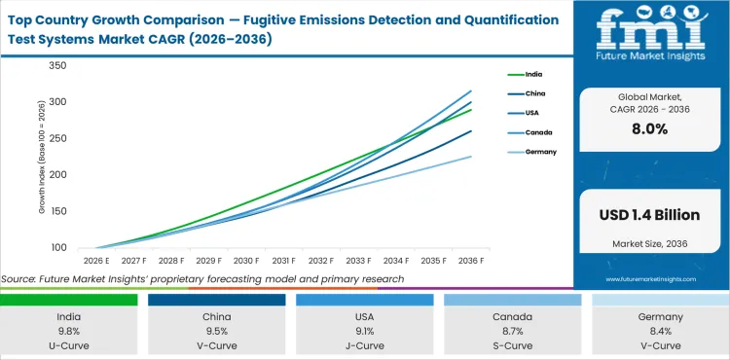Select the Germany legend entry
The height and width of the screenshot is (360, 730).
(x=542, y=153)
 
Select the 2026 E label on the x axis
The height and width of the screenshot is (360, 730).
(x=95, y=261)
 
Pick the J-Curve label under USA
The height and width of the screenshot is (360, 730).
(x=365, y=344)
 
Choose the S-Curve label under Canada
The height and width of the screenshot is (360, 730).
(x=513, y=344)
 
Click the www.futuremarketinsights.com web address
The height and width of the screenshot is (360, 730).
(x=651, y=278)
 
